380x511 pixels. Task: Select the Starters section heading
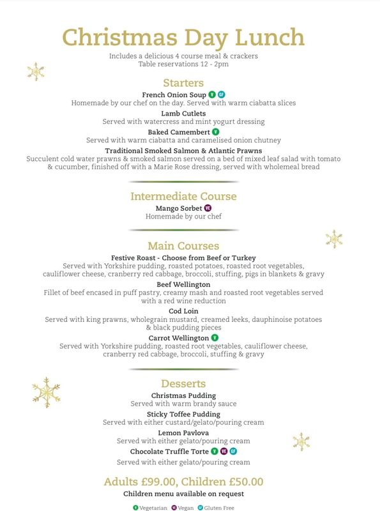(x=183, y=83)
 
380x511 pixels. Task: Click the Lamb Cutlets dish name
(x=183, y=114)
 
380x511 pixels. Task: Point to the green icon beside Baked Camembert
(x=215, y=132)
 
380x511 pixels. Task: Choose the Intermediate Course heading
(x=183, y=196)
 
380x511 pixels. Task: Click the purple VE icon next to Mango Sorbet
(x=208, y=208)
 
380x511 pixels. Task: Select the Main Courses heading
(x=183, y=246)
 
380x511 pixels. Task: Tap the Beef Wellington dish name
(x=183, y=284)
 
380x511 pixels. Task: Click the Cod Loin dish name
(x=183, y=311)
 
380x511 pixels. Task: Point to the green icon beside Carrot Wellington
(x=215, y=337)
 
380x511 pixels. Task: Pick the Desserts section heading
(x=183, y=384)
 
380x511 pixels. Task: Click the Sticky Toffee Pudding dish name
(x=183, y=414)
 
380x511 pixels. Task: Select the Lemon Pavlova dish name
(x=183, y=432)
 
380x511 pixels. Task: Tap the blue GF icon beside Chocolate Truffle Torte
(x=233, y=451)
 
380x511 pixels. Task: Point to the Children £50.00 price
(x=223, y=482)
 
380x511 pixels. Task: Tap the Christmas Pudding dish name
(x=183, y=395)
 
